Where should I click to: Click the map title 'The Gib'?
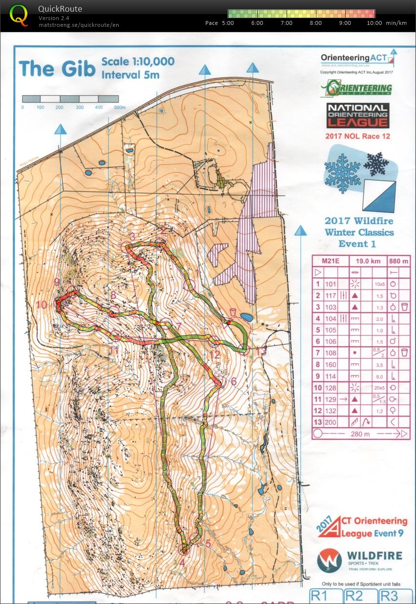[57, 68]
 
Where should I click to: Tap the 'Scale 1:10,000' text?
[138, 62]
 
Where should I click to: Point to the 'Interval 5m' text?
[130, 75]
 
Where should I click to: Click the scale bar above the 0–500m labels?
[70, 99]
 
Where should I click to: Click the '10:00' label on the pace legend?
[374, 23]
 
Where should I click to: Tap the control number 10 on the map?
[42, 305]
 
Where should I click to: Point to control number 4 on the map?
[182, 562]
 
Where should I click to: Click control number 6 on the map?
[233, 381]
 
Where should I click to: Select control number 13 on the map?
[261, 350]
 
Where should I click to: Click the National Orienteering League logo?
[357, 116]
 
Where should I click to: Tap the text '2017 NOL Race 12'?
[357, 136]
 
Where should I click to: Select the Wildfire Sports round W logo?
[329, 560]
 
